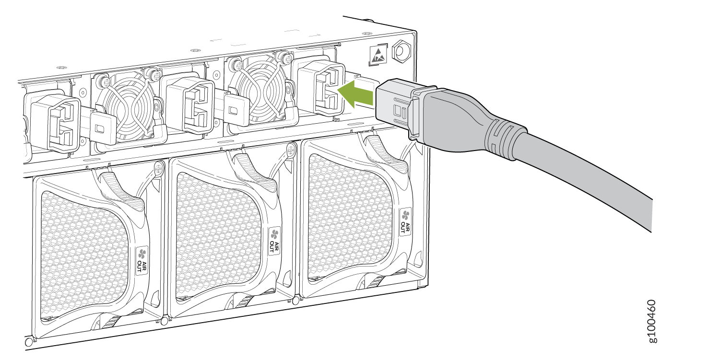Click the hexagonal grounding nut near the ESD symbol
pos(401,50)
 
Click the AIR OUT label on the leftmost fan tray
pos(142,260)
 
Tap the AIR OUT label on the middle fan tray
pos(274,241)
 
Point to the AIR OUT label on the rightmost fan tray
pos(405,221)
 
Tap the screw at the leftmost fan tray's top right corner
pos(159,168)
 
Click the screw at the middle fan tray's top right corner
pos(292,149)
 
